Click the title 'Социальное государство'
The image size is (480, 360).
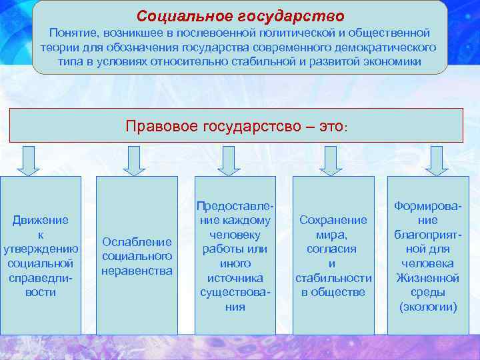point(240,15)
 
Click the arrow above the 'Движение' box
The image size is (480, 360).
point(28,160)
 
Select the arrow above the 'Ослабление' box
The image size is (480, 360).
point(134,160)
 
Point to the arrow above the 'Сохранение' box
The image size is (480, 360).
point(331,160)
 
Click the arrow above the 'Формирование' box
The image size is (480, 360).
point(436,160)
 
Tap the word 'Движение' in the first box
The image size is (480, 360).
point(41,219)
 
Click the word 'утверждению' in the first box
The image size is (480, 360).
point(41,249)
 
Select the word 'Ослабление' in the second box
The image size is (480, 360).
point(137,241)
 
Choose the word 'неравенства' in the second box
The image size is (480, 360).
point(137,271)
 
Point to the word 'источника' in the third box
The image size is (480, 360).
point(235,278)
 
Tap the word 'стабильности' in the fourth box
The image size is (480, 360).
point(333,278)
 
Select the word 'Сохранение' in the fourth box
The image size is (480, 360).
point(333,219)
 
